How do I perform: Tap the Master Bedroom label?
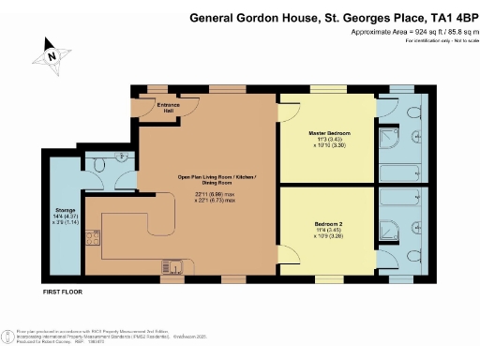pyautogui.click(x=330, y=134)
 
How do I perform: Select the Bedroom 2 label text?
pyautogui.click(x=329, y=224)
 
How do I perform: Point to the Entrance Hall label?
pyautogui.click(x=168, y=107)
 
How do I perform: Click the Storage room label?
pyautogui.click(x=65, y=211)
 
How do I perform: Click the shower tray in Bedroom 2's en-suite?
pyautogui.click(x=388, y=230)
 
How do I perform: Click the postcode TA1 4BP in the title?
pyautogui.click(x=442, y=16)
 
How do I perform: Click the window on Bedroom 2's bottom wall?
pyautogui.click(x=331, y=277)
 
